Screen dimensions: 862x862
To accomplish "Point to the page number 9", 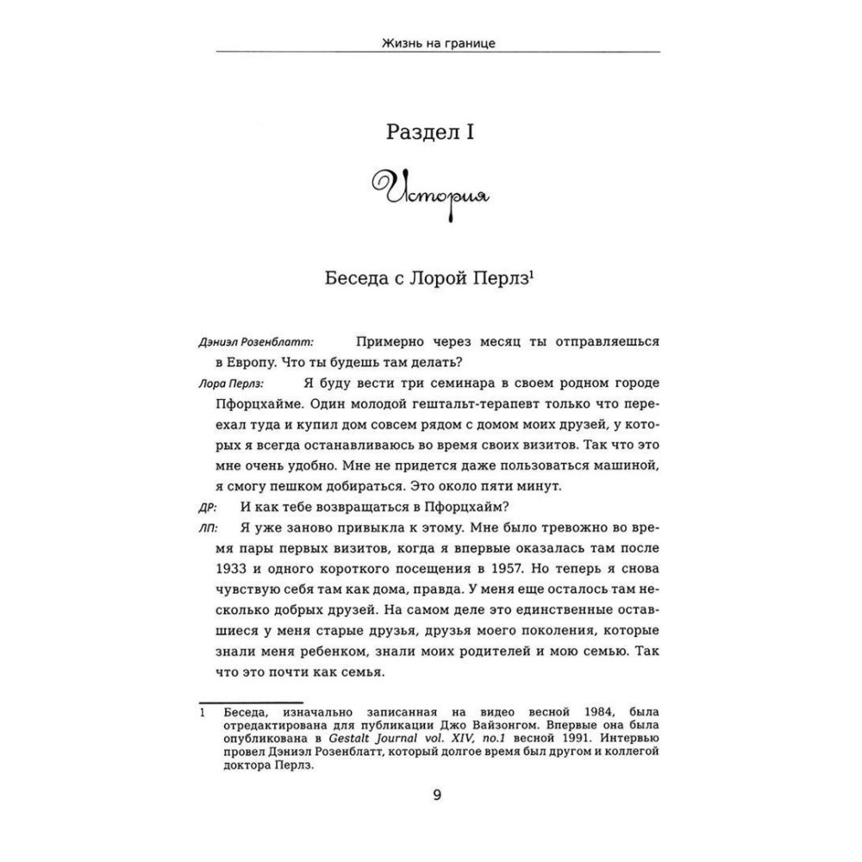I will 436,795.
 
